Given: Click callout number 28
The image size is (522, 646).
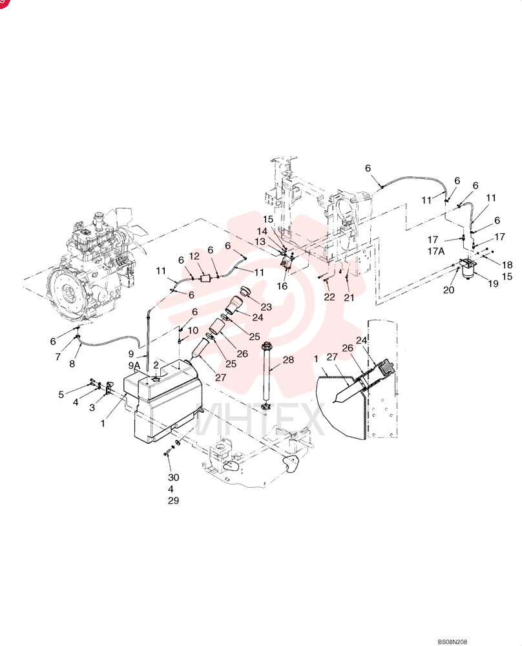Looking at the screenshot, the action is pyautogui.click(x=288, y=360).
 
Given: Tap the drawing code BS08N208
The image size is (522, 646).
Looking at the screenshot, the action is pyautogui.click(x=452, y=642).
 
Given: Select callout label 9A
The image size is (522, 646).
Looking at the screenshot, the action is pyautogui.click(x=134, y=366).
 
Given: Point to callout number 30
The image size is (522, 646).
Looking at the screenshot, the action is pyautogui.click(x=173, y=477).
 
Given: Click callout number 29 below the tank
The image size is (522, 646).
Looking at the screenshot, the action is pyautogui.click(x=173, y=500).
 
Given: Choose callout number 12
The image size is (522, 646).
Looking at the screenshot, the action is pyautogui.click(x=194, y=256).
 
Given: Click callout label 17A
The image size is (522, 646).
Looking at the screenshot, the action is pyautogui.click(x=436, y=251).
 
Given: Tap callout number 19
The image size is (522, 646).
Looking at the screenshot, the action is pyautogui.click(x=493, y=284).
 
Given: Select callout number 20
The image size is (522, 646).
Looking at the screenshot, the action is pyautogui.click(x=448, y=290).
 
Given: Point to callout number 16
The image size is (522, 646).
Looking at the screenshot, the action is pyautogui.click(x=282, y=286).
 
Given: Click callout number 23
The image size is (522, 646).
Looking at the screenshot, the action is pyautogui.click(x=266, y=307).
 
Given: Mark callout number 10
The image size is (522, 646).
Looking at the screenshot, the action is pyautogui.click(x=193, y=330).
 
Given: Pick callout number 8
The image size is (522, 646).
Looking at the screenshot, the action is pyautogui.click(x=72, y=364).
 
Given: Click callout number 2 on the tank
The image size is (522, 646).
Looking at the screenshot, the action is pyautogui.click(x=156, y=365).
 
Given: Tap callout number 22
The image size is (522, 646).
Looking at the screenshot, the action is pyautogui.click(x=329, y=297).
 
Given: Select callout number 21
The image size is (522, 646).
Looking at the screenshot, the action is pyautogui.click(x=349, y=297).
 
